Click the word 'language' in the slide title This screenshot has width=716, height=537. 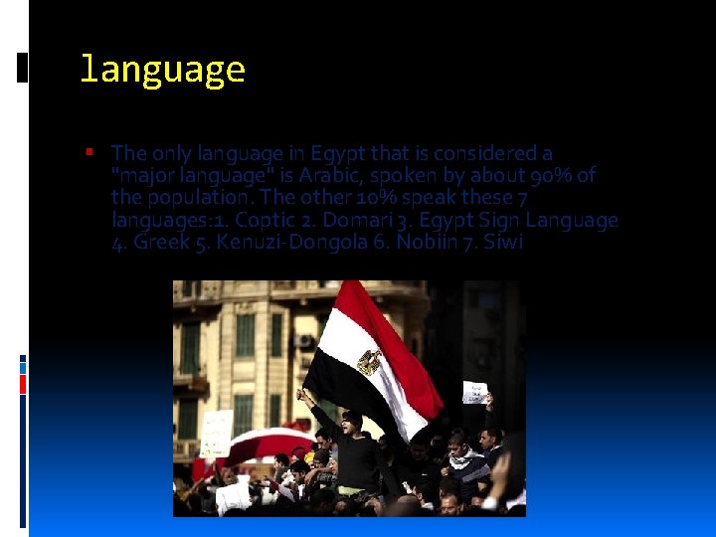point(161,70)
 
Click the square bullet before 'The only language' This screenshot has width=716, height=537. point(89,153)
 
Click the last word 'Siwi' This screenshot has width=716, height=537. point(502,242)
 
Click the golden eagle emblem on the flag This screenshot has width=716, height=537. point(369,362)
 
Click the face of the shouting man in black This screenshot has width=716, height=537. point(351,422)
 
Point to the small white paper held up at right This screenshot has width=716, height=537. point(474,391)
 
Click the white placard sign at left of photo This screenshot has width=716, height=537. point(216,433)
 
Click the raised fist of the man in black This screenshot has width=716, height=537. point(301,395)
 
